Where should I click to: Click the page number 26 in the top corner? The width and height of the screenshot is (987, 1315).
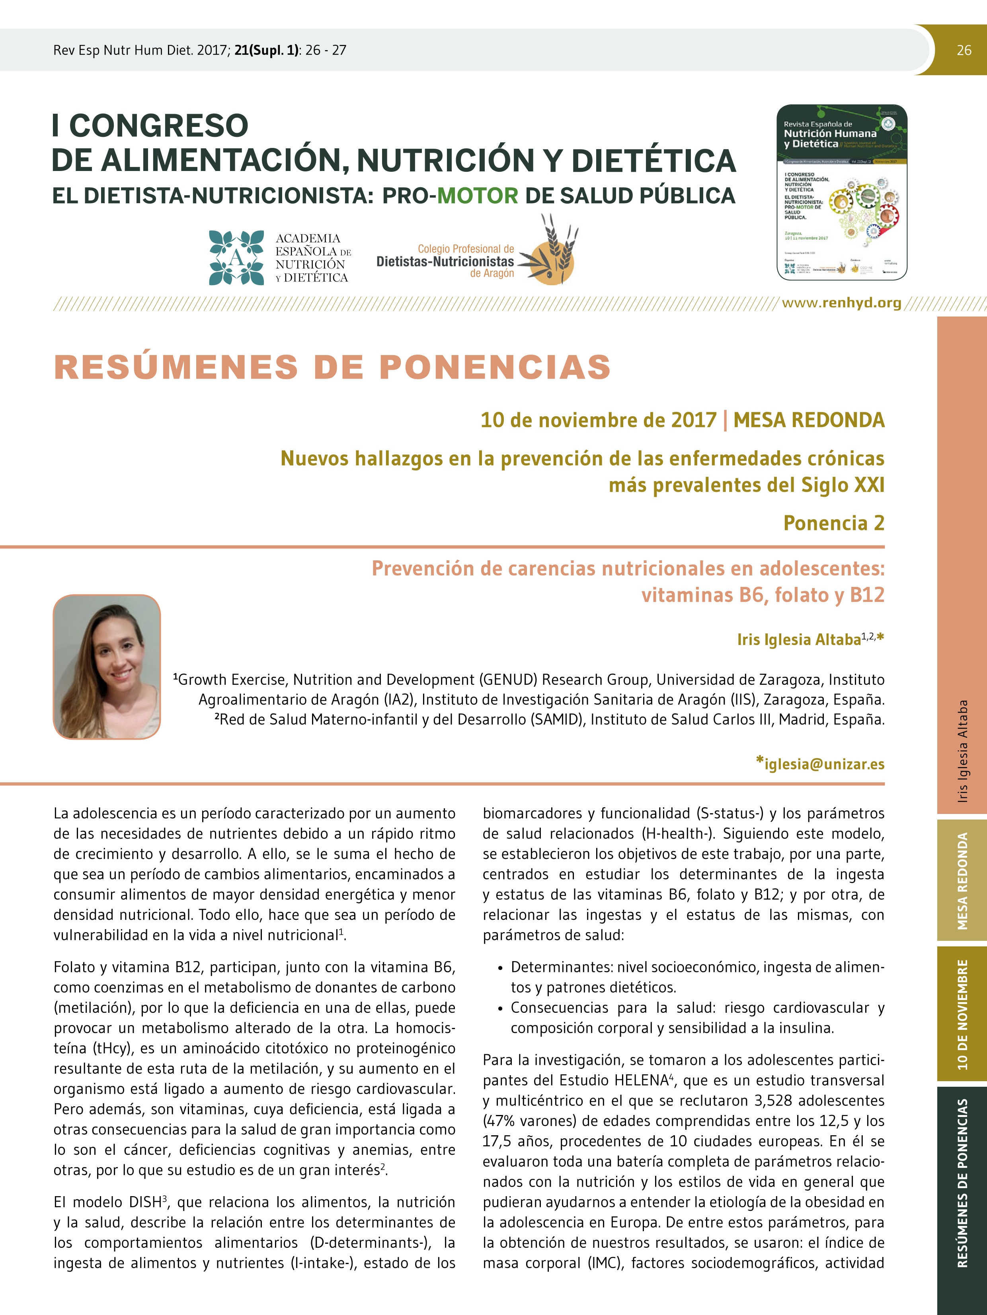pyautogui.click(x=964, y=51)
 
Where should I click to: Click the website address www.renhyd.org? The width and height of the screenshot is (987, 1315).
pyautogui.click(x=841, y=303)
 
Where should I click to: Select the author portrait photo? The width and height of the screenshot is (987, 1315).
pyautogui.click(x=107, y=666)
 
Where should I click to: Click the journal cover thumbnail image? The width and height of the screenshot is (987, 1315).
pyautogui.click(x=842, y=192)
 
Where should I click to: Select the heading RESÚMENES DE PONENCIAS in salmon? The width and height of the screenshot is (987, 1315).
pyautogui.click(x=332, y=366)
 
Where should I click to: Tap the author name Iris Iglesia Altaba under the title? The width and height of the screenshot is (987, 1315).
pyautogui.click(x=798, y=640)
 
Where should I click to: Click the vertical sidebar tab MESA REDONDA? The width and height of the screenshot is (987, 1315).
pyautogui.click(x=962, y=881)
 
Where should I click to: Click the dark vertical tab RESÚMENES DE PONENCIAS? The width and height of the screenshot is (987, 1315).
pyautogui.click(x=962, y=1183)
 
